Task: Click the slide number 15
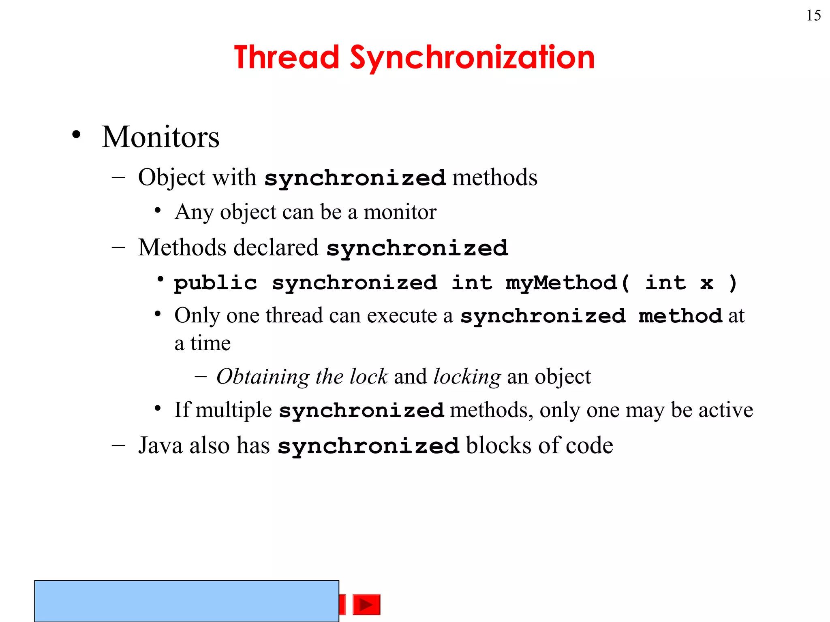point(813,15)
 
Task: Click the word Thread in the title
point(286,57)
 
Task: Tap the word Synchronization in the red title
point(472,58)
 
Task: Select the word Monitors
point(160,137)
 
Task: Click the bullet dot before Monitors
point(76,135)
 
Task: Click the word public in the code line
point(216,282)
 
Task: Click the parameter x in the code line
point(706,282)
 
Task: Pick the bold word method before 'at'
point(680,315)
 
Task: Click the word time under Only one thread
point(210,343)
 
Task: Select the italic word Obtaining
point(263,377)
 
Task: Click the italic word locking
point(467,377)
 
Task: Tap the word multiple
point(233,410)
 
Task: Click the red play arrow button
point(366,605)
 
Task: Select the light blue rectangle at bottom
point(186,601)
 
